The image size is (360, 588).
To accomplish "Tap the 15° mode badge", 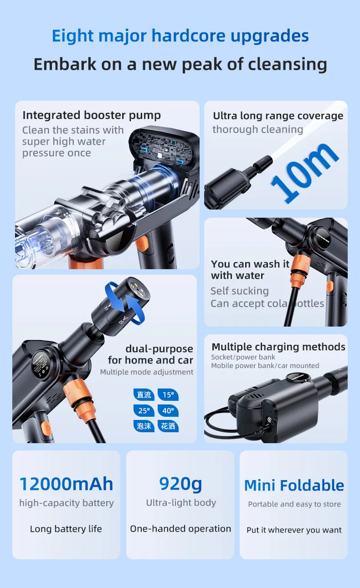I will point(168,395).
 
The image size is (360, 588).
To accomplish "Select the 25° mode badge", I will point(144,410).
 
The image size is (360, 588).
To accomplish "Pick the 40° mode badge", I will point(168,410).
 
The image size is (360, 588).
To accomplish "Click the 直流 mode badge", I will point(144,395).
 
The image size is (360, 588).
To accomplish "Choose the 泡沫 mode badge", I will point(144,426).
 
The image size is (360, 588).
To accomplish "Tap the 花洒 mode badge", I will point(168,426).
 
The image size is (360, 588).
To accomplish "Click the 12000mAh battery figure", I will point(66,484).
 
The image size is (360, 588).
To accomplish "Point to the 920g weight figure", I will point(180,483).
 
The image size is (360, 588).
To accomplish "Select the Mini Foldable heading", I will point(294,485).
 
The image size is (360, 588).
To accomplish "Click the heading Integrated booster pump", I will point(92,115).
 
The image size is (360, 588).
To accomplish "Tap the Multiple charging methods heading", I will point(278,347).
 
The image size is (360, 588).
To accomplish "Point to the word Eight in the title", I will point(73,36).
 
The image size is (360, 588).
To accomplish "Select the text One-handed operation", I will point(180,529).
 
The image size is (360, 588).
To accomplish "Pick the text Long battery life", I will point(66,529).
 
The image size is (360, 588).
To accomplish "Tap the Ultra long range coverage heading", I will point(278,116).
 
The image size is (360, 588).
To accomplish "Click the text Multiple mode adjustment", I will point(147,372).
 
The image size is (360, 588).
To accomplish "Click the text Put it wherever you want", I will point(294,530).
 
